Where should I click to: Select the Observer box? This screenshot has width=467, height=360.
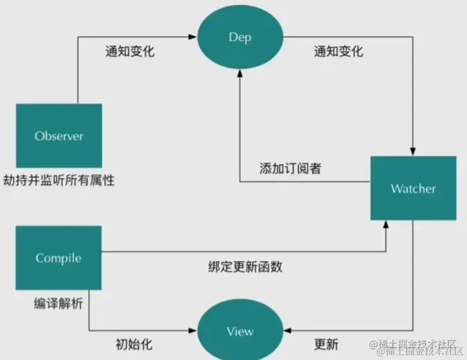click(58, 136)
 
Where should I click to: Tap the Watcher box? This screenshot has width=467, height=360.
click(413, 188)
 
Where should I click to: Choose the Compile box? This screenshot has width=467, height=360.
click(58, 258)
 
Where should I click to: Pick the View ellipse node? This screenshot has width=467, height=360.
click(240, 331)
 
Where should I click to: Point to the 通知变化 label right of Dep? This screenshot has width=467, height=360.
click(338, 51)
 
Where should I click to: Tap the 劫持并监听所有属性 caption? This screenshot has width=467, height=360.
click(58, 181)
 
